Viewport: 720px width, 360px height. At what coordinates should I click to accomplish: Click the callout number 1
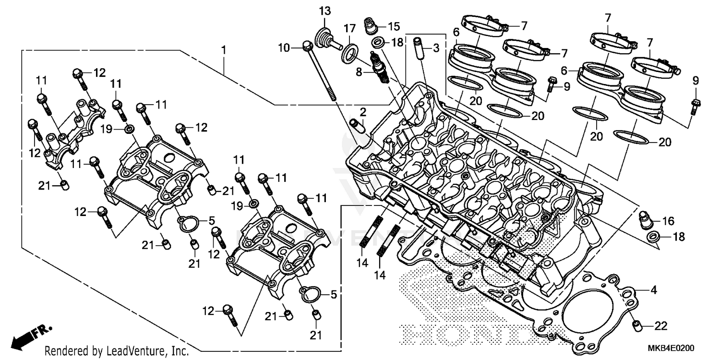(223, 49)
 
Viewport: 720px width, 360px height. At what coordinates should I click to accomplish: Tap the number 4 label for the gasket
(653, 290)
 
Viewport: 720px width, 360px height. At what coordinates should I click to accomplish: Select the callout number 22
(660, 326)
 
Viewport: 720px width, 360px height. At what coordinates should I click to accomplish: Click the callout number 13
(325, 11)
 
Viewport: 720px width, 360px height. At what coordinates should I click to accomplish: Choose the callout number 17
(349, 28)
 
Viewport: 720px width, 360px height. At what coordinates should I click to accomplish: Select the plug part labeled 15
(370, 25)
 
